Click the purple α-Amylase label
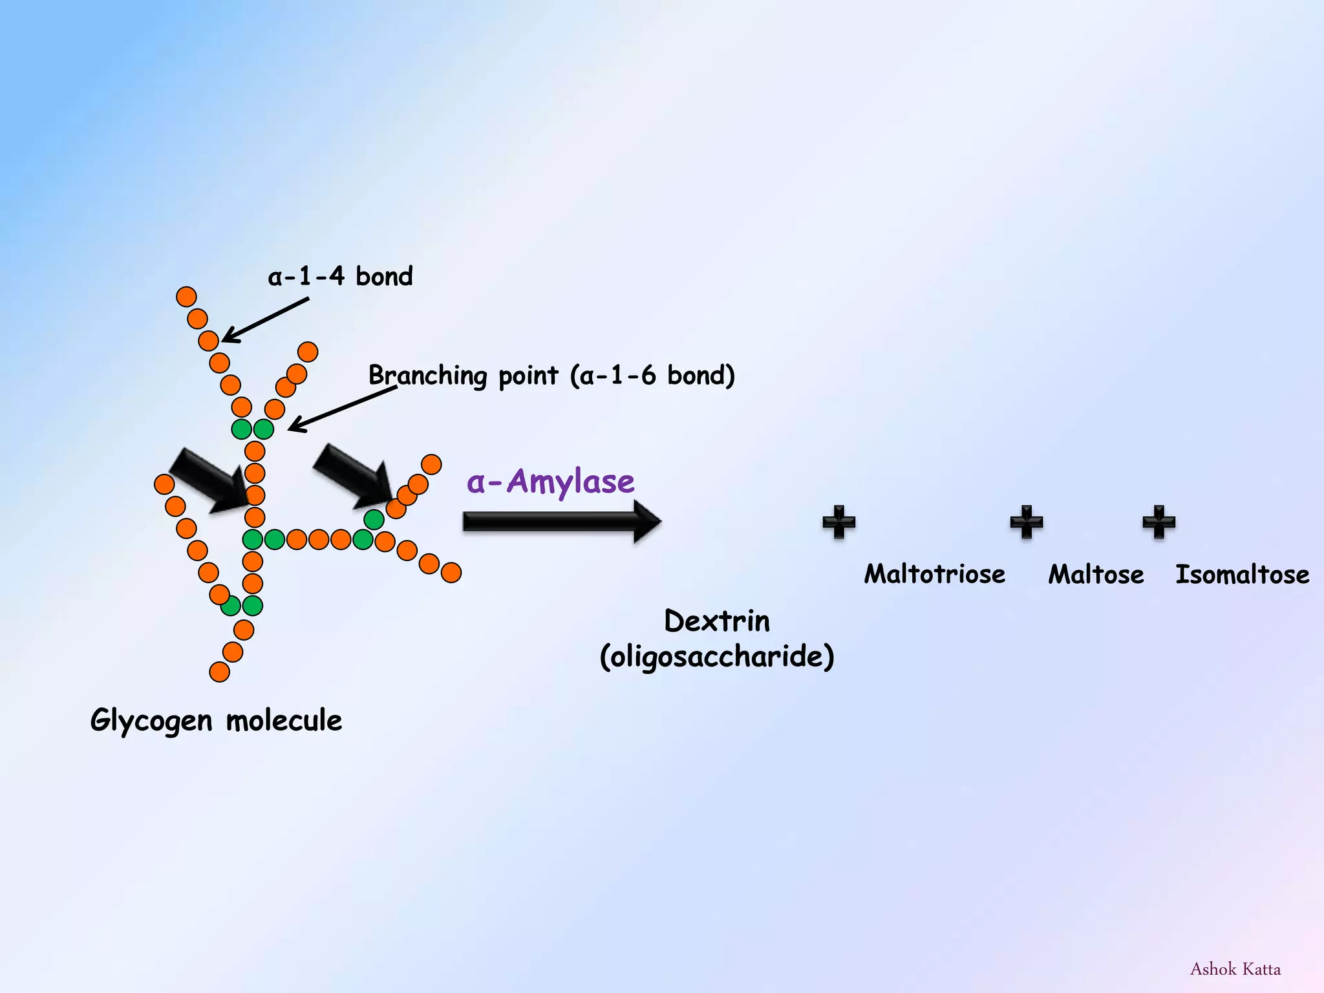pos(550,482)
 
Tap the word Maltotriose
pos(934,574)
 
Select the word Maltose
pos(1096,574)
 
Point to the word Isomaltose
pos(1242,574)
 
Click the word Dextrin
pos(717,621)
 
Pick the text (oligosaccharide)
pos(717,657)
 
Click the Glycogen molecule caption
pos(216,720)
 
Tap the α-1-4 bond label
pos(340,277)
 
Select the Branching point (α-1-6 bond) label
pos(551,376)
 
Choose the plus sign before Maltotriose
pos(838,522)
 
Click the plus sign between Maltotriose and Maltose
pos(1026,522)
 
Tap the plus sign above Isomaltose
pos(1158,522)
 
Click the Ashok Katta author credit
pos(1235,969)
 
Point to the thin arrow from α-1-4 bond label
pos(265,319)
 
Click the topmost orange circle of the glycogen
pos(186,297)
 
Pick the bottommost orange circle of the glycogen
pos(219,672)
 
